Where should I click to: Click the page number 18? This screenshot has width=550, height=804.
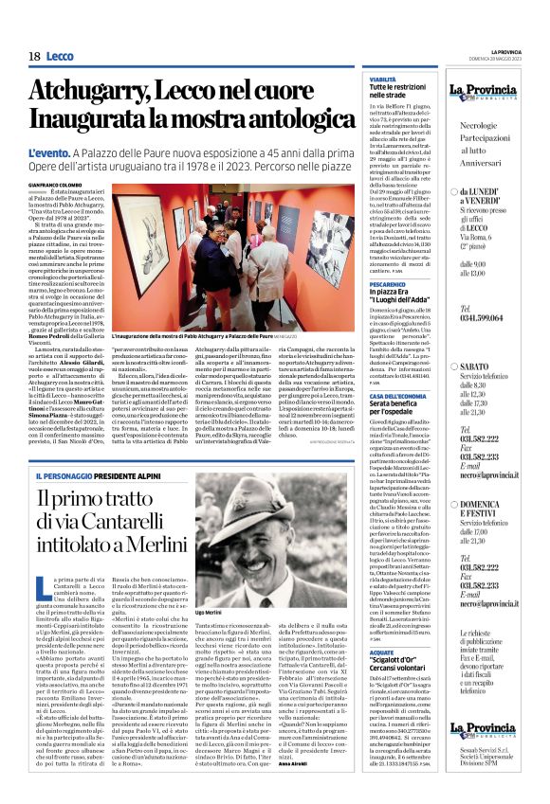pos(34,57)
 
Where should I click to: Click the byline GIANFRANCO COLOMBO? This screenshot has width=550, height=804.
pos(58,184)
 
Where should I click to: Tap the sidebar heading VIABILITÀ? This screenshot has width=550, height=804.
pos(382,80)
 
